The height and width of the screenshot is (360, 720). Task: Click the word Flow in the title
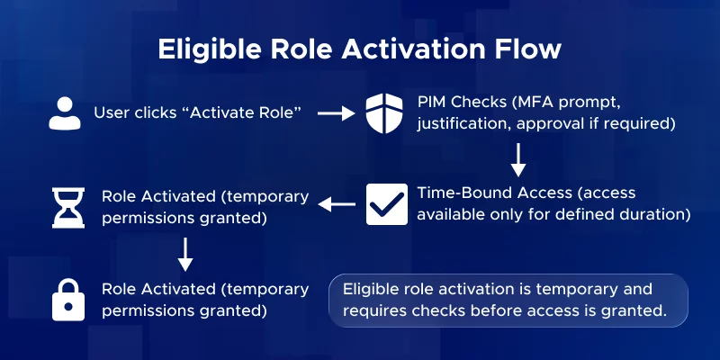click(528, 49)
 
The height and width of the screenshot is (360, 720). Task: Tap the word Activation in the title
click(412, 49)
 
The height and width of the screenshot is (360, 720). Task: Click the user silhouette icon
click(62, 113)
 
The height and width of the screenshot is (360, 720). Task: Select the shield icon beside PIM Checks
click(387, 113)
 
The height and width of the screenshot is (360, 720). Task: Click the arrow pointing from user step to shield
click(337, 114)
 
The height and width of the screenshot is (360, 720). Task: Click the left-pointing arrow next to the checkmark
click(337, 205)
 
